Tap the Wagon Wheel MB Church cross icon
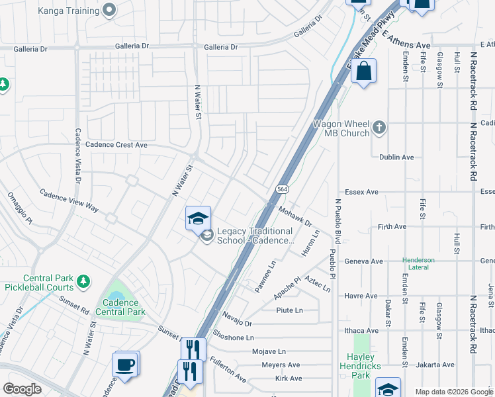click(379, 126)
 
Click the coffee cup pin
click(126, 365)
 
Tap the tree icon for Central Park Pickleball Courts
click(83, 282)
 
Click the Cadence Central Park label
click(120, 307)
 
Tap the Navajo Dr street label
click(238, 318)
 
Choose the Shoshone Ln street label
click(233, 337)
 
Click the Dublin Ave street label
click(396, 157)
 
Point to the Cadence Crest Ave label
click(116, 145)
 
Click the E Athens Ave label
click(406, 40)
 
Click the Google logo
click(23, 388)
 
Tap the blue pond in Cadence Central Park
click(116, 296)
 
